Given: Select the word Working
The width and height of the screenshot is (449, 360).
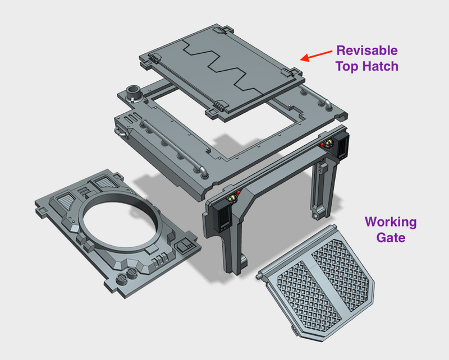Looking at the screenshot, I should (x=391, y=222).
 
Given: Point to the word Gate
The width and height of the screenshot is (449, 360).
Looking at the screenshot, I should (x=391, y=238).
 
